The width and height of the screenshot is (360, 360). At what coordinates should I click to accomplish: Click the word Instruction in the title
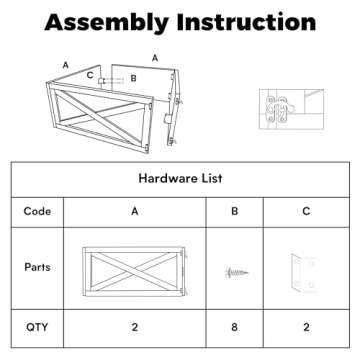click(246, 22)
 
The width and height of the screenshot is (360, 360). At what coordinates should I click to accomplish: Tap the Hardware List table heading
click(180, 178)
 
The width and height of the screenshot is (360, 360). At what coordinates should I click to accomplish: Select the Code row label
click(37, 211)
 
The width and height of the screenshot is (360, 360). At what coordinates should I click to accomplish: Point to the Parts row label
click(37, 267)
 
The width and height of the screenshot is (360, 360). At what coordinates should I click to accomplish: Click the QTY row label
click(37, 327)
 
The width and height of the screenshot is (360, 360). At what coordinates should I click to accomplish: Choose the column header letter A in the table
click(135, 211)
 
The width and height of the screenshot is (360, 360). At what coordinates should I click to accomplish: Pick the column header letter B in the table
click(235, 211)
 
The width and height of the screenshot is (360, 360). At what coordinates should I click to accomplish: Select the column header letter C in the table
click(306, 211)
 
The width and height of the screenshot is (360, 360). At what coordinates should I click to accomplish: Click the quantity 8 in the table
click(235, 327)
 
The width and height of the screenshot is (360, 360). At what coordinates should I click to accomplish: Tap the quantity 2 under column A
click(135, 327)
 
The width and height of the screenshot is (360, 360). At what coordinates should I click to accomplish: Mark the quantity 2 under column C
click(306, 327)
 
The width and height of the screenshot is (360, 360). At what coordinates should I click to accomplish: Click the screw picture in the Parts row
click(236, 273)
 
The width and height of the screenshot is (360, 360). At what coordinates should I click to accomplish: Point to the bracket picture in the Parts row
click(304, 273)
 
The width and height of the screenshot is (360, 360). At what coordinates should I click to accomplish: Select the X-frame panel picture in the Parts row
click(135, 272)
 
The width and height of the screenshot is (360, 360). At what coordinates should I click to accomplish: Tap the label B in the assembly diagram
click(133, 79)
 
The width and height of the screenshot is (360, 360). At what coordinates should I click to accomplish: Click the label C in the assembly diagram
click(90, 75)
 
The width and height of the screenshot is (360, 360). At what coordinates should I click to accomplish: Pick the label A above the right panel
click(155, 58)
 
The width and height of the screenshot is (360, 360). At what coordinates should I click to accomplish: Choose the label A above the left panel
click(66, 65)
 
